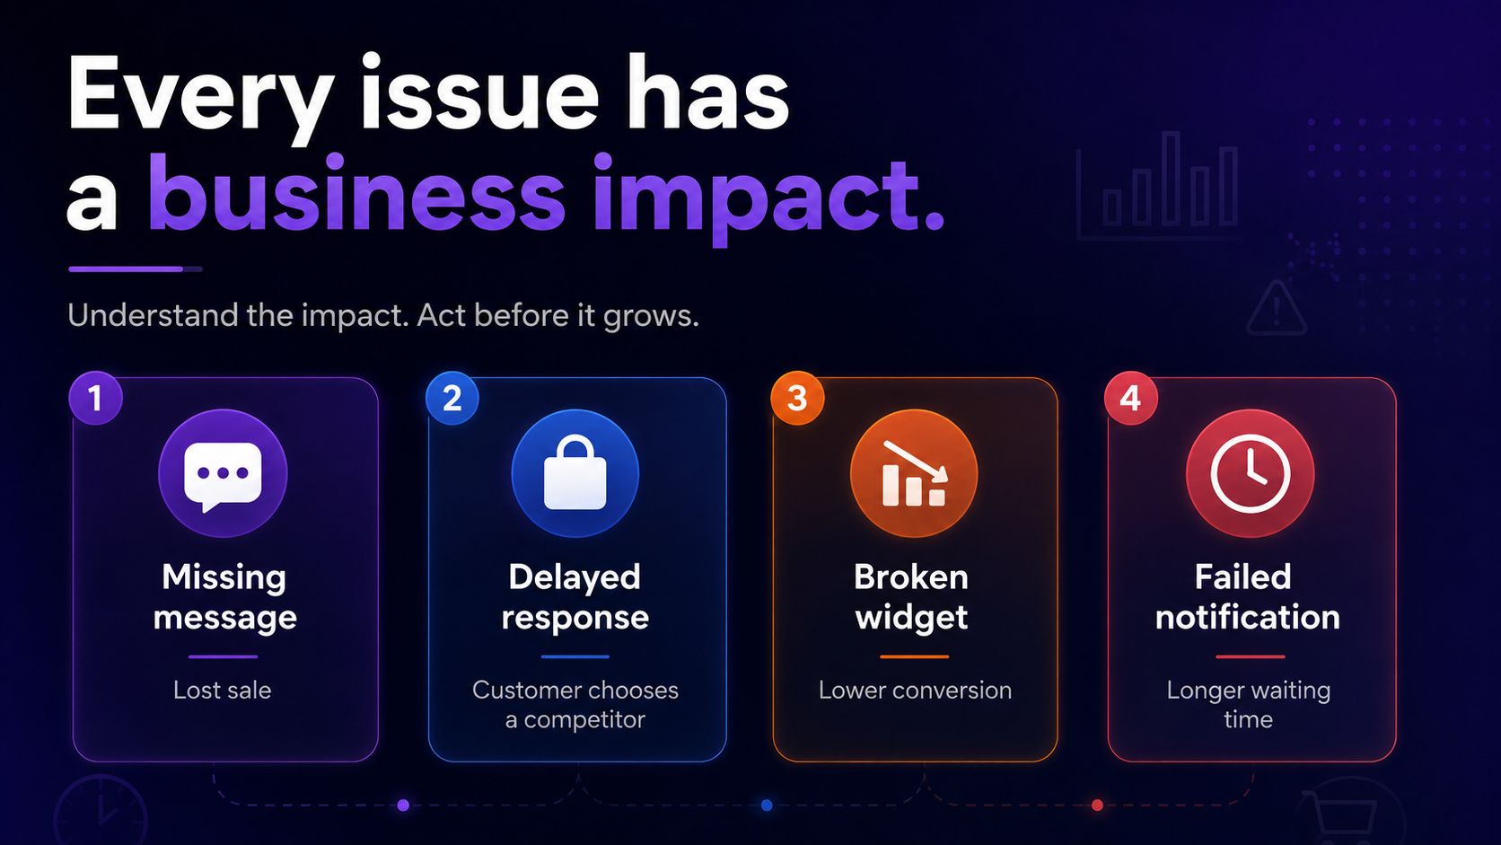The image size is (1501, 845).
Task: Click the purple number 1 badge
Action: coord(96,398)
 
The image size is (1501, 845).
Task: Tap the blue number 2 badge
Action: coord(452,398)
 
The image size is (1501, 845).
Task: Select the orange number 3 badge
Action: coord(797,398)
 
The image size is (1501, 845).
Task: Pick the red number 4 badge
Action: coord(1131,398)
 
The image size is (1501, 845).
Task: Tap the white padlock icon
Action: coord(575,471)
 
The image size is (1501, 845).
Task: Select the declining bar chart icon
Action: coord(914,473)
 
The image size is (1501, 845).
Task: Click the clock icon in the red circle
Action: coord(1251,474)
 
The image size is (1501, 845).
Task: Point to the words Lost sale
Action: coord(223,691)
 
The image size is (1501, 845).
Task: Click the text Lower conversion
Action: coord(916,691)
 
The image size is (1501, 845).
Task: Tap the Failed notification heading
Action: coord(1247,597)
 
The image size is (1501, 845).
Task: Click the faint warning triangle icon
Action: coord(1277,309)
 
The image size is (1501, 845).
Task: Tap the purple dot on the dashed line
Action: coord(403,805)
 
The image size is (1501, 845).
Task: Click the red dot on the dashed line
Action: coord(1097,805)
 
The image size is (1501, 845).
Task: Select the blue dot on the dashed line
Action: coord(767,805)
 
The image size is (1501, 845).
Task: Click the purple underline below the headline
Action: coord(126,269)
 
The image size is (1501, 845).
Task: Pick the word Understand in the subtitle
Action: coord(153,315)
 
